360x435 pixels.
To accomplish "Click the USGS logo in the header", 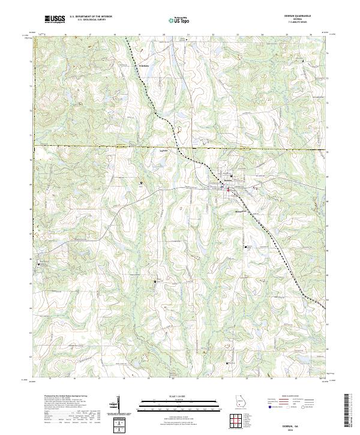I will click(x=55, y=19).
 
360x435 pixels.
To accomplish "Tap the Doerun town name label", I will click(x=228, y=181).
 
